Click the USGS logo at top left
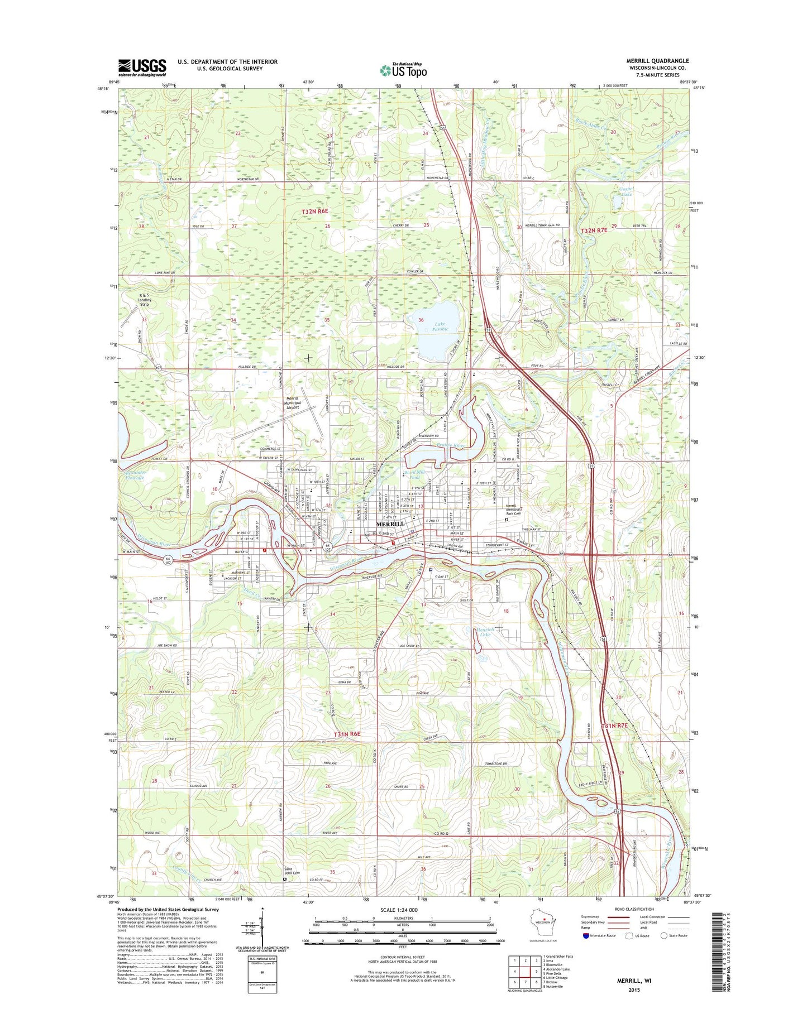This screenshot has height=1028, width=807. (x=142, y=68)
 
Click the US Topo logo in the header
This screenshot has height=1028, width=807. (x=403, y=70)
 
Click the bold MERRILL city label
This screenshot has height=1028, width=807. (x=390, y=525)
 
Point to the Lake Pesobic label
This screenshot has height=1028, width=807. (x=441, y=326)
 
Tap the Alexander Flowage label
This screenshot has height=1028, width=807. (x=135, y=475)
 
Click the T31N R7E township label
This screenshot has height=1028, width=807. (x=614, y=725)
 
